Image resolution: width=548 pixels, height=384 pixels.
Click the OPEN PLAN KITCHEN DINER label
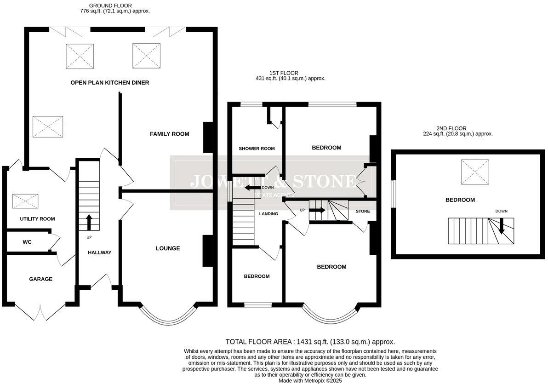click(109, 83)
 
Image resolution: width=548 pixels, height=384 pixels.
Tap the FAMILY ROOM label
click(169, 134)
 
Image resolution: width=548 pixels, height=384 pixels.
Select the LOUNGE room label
click(167, 248)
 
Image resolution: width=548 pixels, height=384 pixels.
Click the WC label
click(27, 241)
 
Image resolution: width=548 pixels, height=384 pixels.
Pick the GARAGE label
click(40, 279)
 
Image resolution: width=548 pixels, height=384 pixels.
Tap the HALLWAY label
click(99, 252)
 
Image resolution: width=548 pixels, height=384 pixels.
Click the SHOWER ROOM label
click(257, 149)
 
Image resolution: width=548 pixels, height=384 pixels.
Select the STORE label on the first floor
click(362, 211)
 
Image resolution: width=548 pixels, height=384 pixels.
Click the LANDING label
click(268, 214)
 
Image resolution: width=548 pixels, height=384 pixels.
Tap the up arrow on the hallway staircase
click(89, 222)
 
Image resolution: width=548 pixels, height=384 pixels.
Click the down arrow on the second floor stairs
click(502, 225)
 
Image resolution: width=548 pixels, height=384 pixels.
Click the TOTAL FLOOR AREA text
click(310, 342)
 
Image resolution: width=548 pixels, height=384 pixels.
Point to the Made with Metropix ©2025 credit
click(310, 381)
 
